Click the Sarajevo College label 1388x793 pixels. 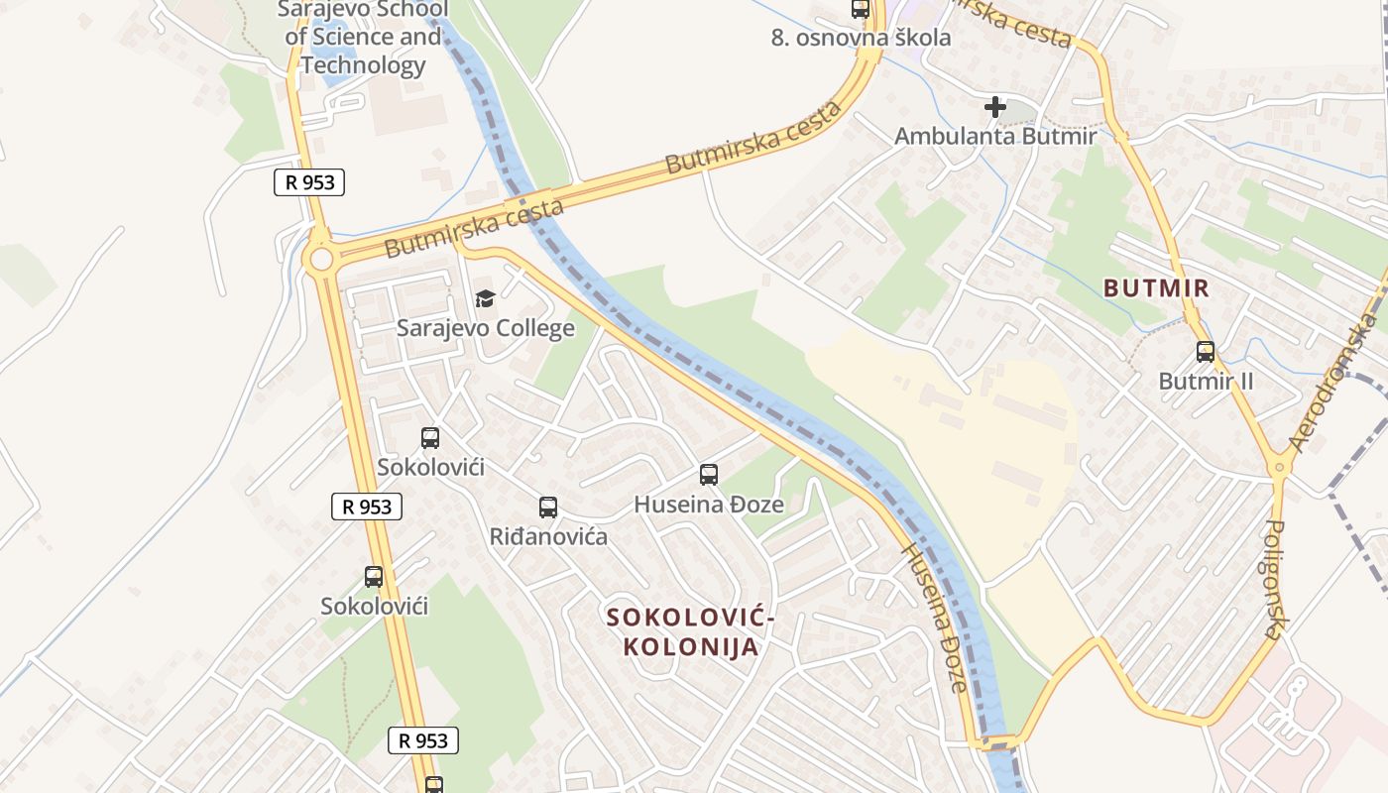486,328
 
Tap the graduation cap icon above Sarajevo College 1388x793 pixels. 485,298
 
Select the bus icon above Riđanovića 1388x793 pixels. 548,508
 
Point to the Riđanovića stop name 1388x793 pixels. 548,537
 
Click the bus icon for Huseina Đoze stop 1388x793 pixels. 708,475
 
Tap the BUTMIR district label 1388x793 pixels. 1157,288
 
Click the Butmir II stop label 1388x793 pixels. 1206,382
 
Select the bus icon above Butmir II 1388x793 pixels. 1206,351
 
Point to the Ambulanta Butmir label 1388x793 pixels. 995,137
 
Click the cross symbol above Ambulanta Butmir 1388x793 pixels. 995,107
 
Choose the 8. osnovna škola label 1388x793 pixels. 861,38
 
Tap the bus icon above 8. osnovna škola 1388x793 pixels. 861,10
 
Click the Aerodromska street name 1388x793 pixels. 1334,382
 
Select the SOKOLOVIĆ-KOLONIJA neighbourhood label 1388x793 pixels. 690,631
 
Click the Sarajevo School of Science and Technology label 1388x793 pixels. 363,38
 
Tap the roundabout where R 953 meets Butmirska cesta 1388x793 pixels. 320,260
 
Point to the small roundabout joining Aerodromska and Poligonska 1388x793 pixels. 1280,465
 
